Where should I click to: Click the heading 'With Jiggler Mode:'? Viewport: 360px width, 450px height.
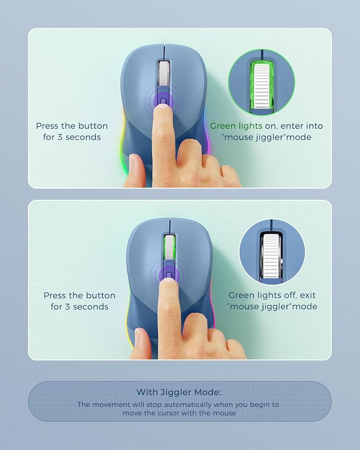179,392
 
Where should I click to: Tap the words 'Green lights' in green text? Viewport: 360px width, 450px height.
236,126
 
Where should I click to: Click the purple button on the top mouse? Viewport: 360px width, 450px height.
163,101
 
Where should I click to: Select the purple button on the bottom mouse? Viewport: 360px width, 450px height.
169,275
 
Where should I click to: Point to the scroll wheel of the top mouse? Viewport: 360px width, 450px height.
164,74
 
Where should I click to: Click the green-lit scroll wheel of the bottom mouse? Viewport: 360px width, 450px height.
170,247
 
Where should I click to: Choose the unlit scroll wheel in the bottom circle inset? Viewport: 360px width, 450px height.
271,256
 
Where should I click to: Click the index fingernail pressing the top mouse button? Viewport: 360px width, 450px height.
163,108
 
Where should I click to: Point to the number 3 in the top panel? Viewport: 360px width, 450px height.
60,137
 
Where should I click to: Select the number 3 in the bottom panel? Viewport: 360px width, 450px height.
67,307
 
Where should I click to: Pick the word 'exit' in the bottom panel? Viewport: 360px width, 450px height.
308,295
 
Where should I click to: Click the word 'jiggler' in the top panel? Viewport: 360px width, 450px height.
264,137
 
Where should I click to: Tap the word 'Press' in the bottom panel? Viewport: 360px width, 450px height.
55,295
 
